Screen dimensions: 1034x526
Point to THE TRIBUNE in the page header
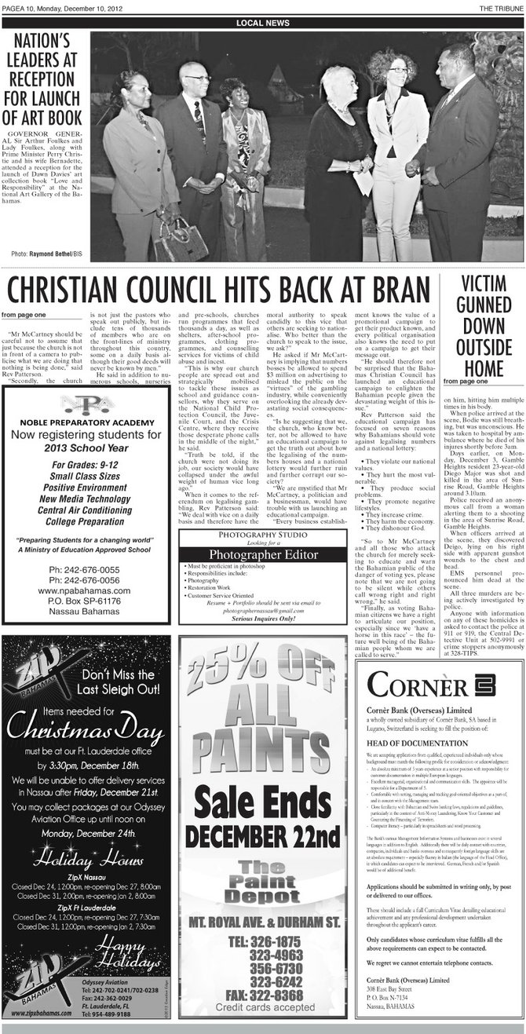pyautogui.click(x=502, y=8)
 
